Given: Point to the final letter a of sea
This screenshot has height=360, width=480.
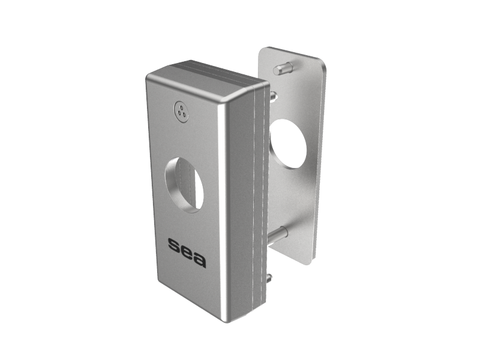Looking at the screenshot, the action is (200, 260).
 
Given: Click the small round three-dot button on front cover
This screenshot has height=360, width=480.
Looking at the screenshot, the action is (181, 111).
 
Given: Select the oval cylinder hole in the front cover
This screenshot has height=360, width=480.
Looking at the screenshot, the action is (184, 185).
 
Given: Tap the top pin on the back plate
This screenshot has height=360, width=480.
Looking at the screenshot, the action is (282, 69).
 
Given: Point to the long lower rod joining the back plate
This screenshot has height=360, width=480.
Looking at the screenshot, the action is (278, 233).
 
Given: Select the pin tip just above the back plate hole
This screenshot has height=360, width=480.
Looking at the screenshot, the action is (274, 96).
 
